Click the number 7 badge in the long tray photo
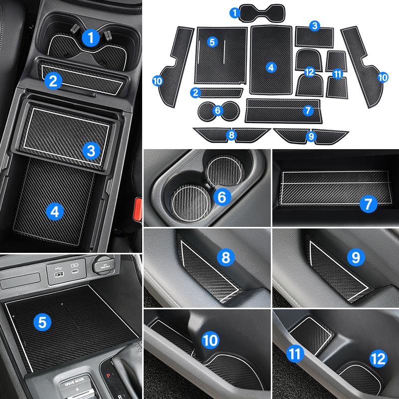tap(368, 203)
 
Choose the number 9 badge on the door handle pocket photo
tap(355, 257)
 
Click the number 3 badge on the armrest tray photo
tap(90, 149)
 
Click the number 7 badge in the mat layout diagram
tap(307, 111)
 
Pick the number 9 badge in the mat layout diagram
tap(312, 135)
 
